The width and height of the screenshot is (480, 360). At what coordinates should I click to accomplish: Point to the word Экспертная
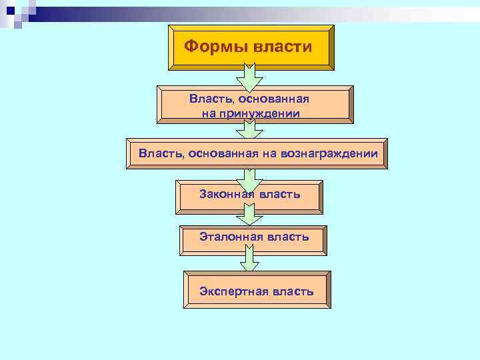pos(233,291)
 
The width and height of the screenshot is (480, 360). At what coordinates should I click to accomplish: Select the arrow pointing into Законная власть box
pos(249,177)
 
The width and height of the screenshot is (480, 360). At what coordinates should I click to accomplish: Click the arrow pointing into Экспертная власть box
pos(249,259)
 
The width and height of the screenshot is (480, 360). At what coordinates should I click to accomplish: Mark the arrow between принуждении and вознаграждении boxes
pos(249,131)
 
